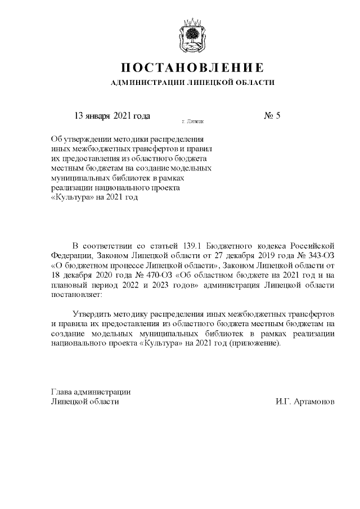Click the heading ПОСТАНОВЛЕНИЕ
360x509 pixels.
tap(192, 68)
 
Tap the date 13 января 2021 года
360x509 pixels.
tap(112, 116)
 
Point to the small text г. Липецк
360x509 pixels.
tap(192, 121)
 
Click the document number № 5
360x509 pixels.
tap(271, 116)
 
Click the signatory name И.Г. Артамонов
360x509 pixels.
tap(305, 402)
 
